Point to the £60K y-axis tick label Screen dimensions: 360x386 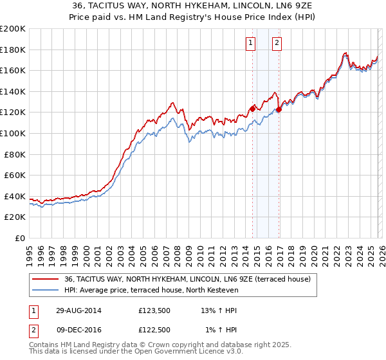coord(15,175)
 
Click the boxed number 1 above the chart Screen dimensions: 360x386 coord(250,43)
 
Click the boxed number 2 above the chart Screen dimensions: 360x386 coord(277,43)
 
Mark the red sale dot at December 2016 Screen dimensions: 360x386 coord(279,110)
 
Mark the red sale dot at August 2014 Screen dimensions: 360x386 coord(252,109)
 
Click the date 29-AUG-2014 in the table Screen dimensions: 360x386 coord(78,310)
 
